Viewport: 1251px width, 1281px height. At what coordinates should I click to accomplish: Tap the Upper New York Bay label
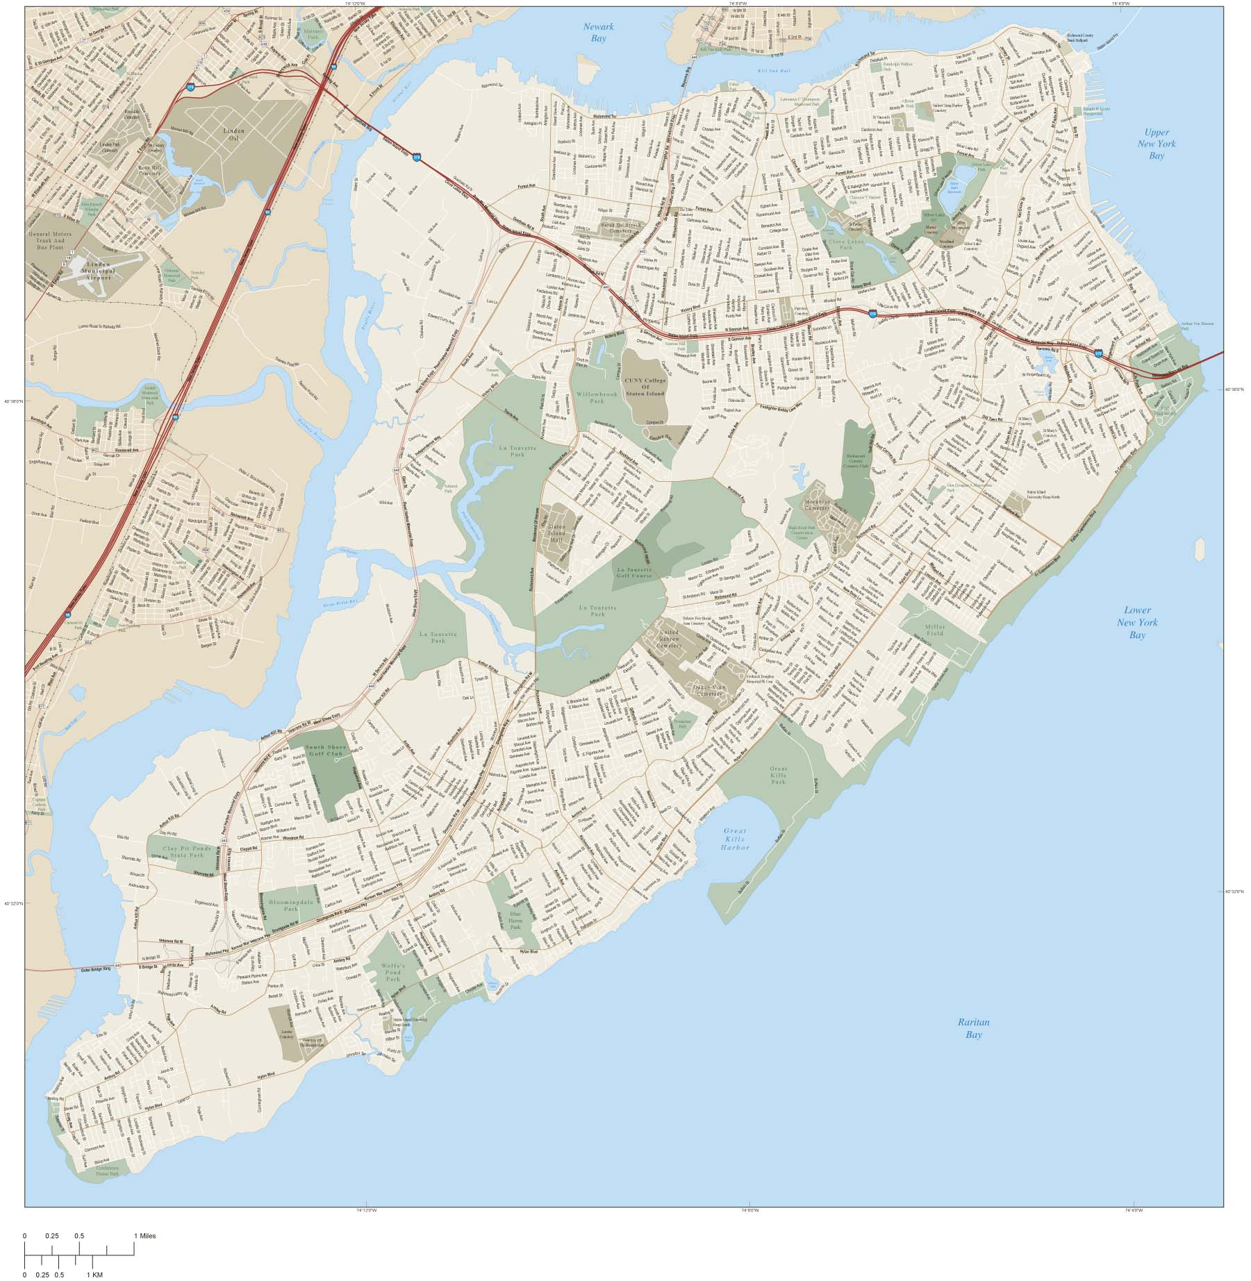[1156, 144]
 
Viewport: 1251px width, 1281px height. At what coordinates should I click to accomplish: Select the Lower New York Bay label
[1137, 622]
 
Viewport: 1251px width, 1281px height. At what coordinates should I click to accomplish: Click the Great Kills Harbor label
[735, 839]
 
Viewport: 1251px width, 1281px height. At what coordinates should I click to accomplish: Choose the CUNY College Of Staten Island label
[645, 387]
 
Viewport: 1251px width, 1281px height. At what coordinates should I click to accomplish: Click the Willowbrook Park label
[596, 398]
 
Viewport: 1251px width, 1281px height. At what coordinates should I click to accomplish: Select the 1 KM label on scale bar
[94, 1275]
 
